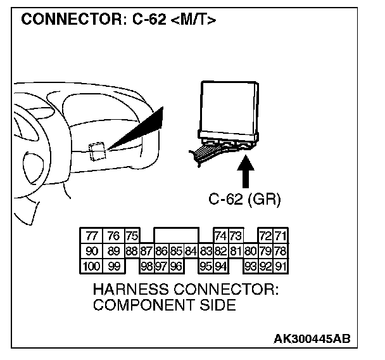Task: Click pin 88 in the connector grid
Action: pos(132,251)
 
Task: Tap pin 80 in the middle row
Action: pos(251,251)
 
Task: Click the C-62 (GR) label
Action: pos(244,200)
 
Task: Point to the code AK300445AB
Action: pos(312,339)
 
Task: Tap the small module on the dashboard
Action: pos(97,150)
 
